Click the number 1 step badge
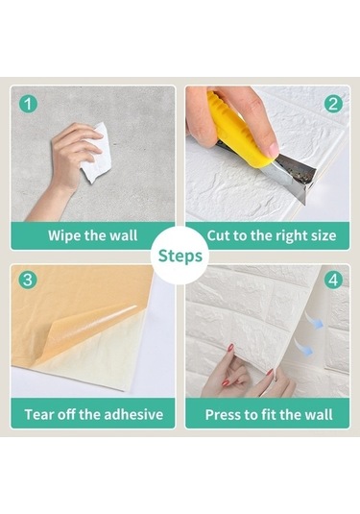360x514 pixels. pyautogui.click(x=28, y=104)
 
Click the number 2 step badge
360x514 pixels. pyautogui.click(x=333, y=104)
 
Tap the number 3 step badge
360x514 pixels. pyautogui.click(x=28, y=280)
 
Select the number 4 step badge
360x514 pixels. pyautogui.click(x=333, y=280)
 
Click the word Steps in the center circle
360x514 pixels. pyautogui.click(x=180, y=256)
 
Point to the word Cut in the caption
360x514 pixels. pyautogui.click(x=219, y=235)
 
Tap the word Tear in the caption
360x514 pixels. pyautogui.click(x=37, y=414)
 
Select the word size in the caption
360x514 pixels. pyautogui.click(x=324, y=235)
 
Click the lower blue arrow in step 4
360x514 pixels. pyautogui.click(x=303, y=348)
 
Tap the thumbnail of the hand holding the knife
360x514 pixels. pyautogui.click(x=272, y=150)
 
